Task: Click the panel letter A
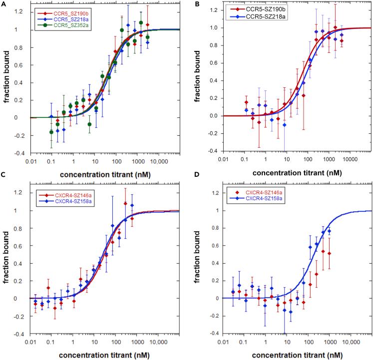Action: pos(3,4)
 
